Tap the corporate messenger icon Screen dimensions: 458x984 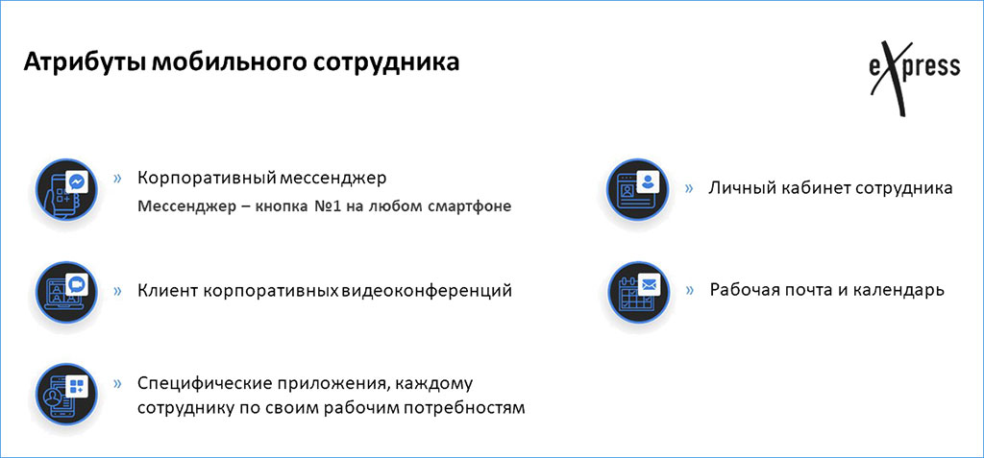click(x=67, y=188)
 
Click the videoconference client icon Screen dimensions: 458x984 click(x=67, y=289)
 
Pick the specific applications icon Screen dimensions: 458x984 click(x=67, y=394)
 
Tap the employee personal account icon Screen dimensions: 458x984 click(x=637, y=188)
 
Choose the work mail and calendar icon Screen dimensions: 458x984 click(x=637, y=289)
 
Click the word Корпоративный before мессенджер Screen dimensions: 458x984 click(x=207, y=179)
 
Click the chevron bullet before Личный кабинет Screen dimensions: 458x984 click(x=689, y=188)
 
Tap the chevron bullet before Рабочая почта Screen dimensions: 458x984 click(x=689, y=289)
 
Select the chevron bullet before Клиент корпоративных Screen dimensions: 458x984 click(x=117, y=289)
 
